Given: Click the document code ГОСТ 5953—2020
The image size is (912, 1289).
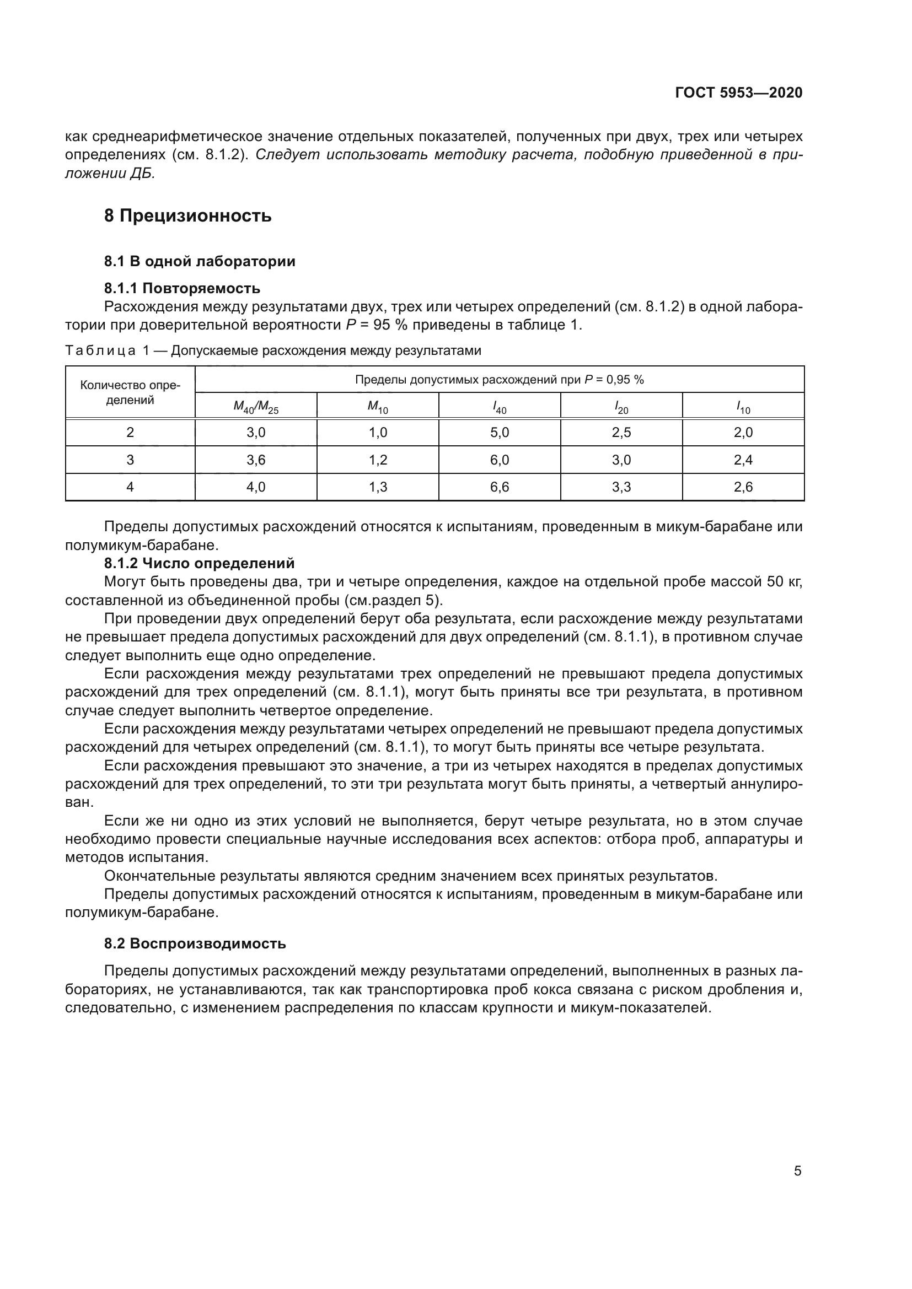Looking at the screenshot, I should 738,93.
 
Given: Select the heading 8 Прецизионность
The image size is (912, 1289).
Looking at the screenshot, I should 187,215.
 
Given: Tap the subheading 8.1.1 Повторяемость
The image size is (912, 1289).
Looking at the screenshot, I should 182,289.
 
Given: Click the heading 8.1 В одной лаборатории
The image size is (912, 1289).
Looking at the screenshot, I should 200,262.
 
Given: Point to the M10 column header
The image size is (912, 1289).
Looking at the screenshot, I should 377,407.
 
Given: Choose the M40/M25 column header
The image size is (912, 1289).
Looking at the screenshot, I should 255,407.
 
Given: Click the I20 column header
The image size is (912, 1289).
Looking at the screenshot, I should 621,407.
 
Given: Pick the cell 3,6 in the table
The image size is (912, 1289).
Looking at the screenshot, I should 255,460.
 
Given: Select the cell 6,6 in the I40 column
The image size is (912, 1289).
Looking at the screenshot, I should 499,487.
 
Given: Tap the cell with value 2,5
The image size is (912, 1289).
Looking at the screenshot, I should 621,433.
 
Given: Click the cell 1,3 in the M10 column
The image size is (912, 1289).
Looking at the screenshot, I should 377,487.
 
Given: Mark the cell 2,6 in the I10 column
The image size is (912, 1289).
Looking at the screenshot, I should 743,487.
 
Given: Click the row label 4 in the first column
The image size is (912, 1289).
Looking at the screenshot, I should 130,487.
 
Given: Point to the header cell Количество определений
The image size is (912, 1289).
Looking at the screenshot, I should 130,392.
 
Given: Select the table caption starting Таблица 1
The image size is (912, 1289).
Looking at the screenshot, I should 273,351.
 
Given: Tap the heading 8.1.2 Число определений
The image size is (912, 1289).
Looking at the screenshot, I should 199,563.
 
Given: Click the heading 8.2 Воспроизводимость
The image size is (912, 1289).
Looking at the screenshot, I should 195,943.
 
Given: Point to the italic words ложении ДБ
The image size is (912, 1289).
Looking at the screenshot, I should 110,174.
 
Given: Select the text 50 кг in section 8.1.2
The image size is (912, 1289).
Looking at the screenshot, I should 785,581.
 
